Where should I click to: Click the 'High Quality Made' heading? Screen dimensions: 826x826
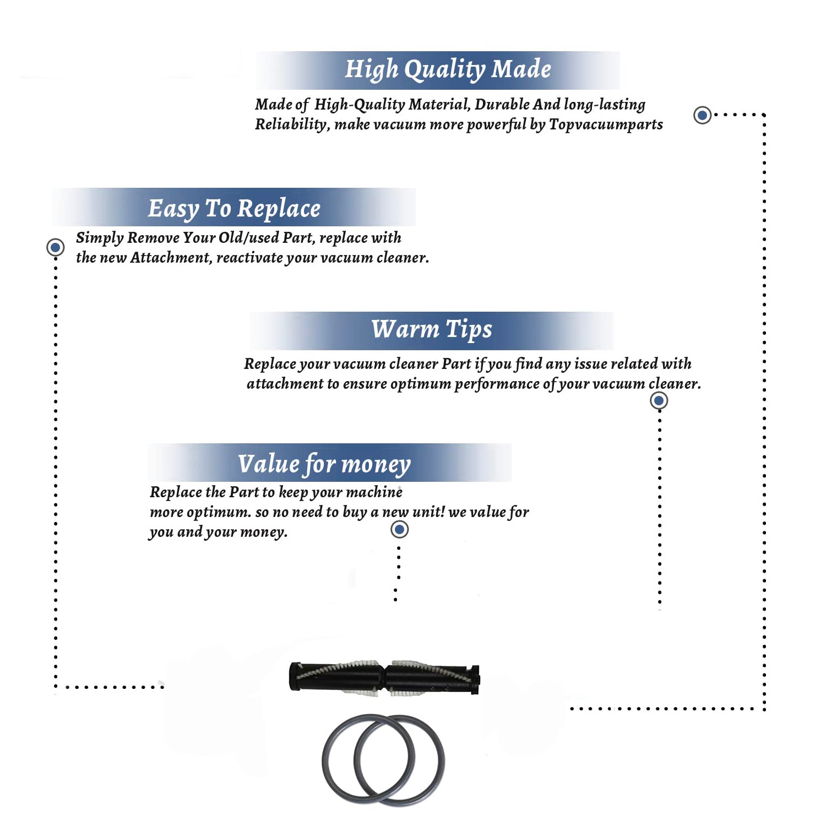point(448,70)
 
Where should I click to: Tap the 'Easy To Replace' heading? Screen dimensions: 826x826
point(234,209)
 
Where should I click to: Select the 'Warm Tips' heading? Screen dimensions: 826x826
point(431,329)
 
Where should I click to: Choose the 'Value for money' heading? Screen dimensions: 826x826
point(324,464)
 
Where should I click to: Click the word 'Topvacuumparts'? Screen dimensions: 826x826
point(606,124)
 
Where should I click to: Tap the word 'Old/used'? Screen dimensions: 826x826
point(248,237)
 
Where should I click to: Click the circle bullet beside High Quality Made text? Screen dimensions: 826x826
point(702,115)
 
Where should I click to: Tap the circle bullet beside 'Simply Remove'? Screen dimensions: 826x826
point(55,247)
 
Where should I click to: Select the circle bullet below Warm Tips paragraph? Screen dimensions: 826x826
point(659,400)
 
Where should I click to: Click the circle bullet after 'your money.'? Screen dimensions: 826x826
point(399,530)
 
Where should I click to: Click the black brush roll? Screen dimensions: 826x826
point(384,678)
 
